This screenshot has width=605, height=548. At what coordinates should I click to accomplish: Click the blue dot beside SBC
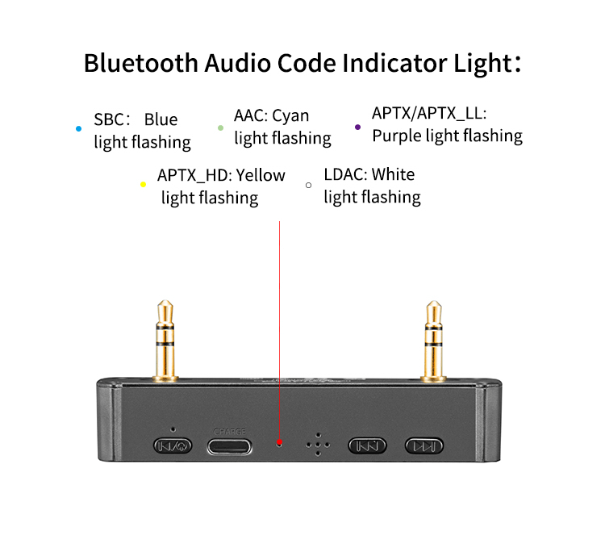[x=78, y=128]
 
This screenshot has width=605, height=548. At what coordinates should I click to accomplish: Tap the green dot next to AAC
[x=220, y=128]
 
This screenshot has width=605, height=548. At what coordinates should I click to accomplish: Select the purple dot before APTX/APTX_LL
[x=358, y=127]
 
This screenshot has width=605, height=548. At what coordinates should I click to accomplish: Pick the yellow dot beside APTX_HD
[x=143, y=185]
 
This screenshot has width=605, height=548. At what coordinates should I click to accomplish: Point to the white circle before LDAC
[x=308, y=185]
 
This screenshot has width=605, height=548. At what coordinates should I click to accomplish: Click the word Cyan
[x=290, y=115]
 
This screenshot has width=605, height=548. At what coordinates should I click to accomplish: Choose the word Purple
[x=396, y=136]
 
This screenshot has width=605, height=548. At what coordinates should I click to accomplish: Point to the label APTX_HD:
[x=194, y=174]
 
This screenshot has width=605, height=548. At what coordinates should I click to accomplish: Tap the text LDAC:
[x=345, y=174]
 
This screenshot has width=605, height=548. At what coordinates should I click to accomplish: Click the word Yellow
[x=261, y=174]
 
